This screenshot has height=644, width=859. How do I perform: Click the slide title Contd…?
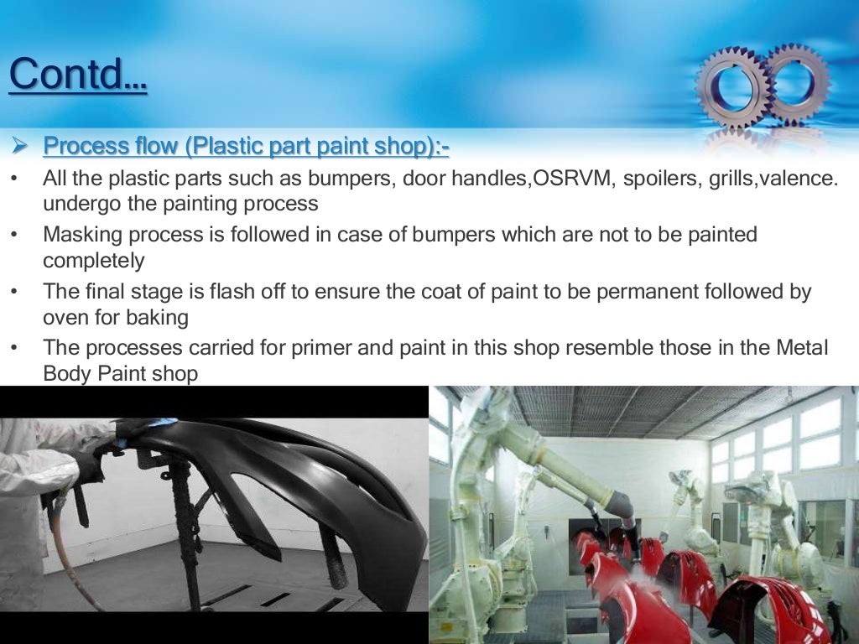click(78, 75)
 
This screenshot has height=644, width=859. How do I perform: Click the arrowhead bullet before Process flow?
click(21, 146)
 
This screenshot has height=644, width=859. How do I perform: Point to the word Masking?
click(80, 235)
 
